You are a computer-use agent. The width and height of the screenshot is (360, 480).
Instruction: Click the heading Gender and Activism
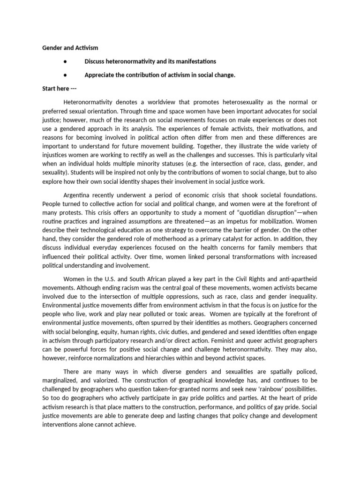(70, 48)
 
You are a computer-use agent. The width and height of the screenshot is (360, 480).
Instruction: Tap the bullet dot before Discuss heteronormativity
(63, 61)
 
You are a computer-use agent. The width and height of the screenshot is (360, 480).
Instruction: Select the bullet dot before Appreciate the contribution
(63, 75)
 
